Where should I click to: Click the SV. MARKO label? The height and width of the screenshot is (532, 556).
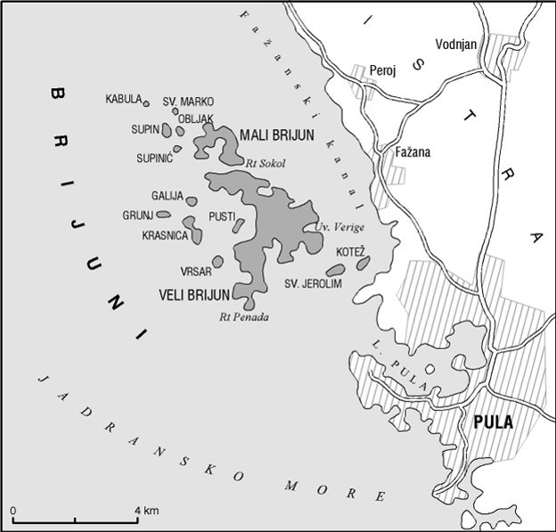(188, 102)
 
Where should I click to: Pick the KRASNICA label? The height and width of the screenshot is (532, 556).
(165, 235)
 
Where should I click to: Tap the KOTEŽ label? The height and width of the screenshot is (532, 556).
(350, 253)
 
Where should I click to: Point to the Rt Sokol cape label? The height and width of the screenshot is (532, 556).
(263, 161)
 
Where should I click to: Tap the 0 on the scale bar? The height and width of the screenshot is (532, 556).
(14, 510)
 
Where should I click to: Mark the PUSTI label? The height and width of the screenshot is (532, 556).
(221, 216)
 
